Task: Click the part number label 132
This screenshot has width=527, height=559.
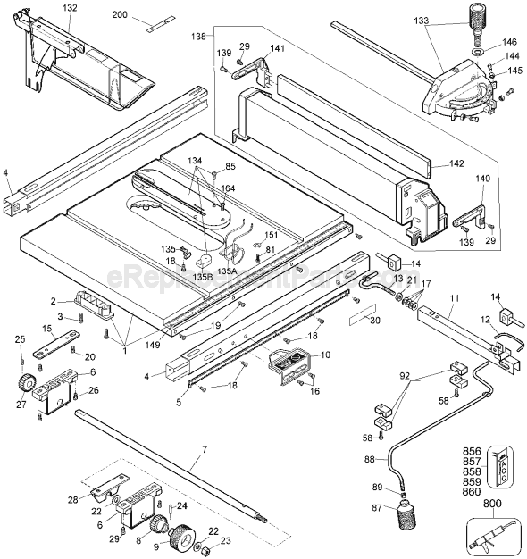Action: coord(71,8)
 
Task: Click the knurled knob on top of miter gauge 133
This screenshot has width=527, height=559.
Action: coord(474,16)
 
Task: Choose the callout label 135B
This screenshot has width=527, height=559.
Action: coord(201,277)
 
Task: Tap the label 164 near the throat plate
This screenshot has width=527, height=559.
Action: coord(228,188)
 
